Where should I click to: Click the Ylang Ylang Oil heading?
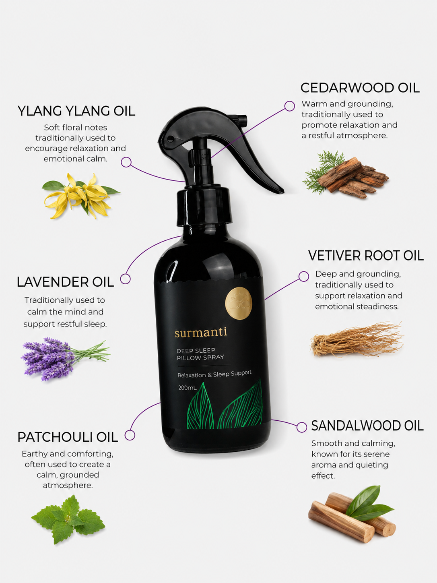[x=76, y=111]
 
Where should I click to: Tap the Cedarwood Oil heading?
[x=360, y=88]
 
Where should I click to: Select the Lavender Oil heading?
[x=65, y=282]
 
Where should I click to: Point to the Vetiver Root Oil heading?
[x=366, y=256]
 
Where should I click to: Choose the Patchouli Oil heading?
[x=68, y=437]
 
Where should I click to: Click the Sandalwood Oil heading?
[x=367, y=426]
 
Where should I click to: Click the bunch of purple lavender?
[x=65, y=359]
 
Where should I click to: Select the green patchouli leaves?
[x=68, y=519]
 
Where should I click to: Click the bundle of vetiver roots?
[x=357, y=340]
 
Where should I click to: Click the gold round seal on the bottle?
[x=239, y=303]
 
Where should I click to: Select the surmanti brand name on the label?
[x=201, y=333]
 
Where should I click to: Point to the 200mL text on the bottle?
[x=188, y=388]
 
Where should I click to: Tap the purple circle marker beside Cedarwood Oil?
[x=289, y=106]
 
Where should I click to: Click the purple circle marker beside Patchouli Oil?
[x=130, y=435]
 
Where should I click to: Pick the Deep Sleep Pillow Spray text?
[x=200, y=354]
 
